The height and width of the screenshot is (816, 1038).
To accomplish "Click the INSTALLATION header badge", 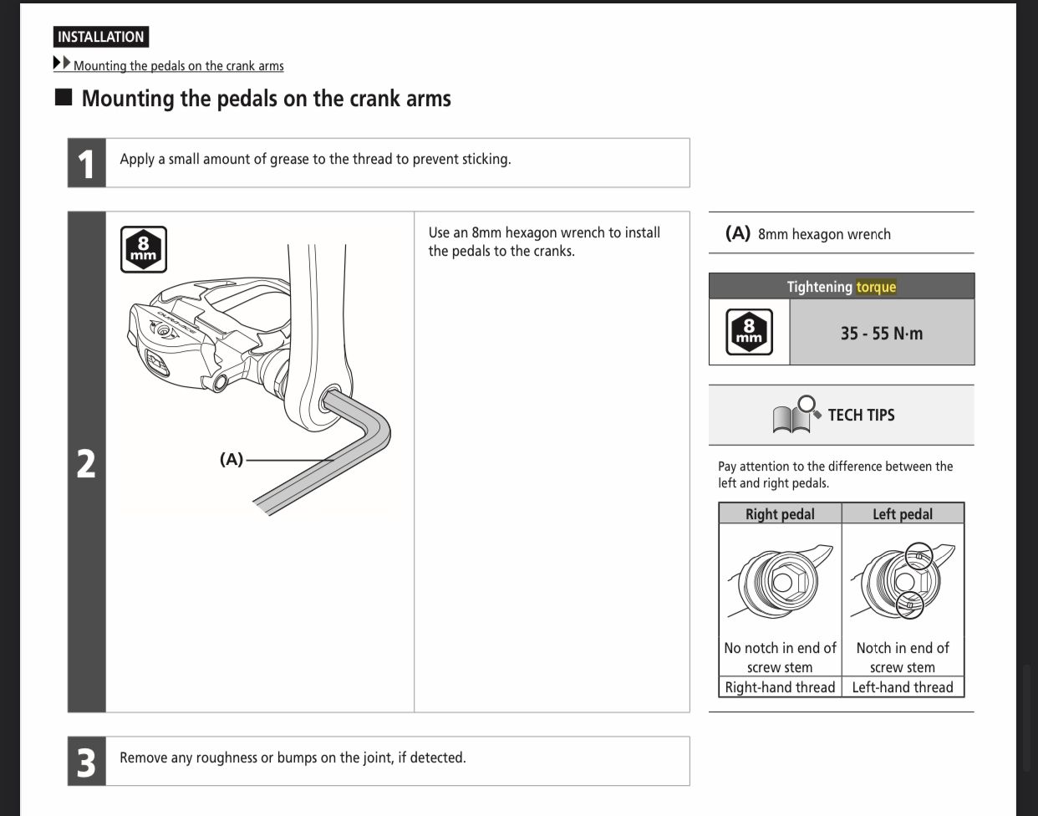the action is click(x=101, y=37).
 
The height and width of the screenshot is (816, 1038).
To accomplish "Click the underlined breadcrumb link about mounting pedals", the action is click(x=178, y=65).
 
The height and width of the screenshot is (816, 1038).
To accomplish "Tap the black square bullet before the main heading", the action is click(x=64, y=97).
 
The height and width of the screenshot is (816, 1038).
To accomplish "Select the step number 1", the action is click(x=86, y=163).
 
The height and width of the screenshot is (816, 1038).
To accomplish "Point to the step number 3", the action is click(x=86, y=762).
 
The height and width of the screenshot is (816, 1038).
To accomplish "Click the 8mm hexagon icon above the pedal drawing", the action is click(x=143, y=249).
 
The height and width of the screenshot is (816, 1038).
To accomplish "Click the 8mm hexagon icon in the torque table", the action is click(x=749, y=332).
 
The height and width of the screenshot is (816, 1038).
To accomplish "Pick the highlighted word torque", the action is click(x=876, y=287).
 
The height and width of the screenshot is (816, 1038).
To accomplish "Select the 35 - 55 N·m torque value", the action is click(x=882, y=333).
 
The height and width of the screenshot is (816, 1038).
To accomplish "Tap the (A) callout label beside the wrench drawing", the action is click(x=232, y=460).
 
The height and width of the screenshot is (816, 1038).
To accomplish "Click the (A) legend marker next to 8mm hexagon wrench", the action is click(x=737, y=233).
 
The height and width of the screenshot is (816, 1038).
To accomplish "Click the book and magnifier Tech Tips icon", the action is click(x=796, y=414).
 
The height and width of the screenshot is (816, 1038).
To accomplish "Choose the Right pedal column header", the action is click(x=780, y=514).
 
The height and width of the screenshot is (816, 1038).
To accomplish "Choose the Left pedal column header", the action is click(x=903, y=514).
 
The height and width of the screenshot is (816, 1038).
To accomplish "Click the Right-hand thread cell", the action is click(x=780, y=687).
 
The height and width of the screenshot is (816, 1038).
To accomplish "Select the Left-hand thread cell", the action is click(x=903, y=687).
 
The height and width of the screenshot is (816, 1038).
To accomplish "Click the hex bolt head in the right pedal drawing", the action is click(x=784, y=581).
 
